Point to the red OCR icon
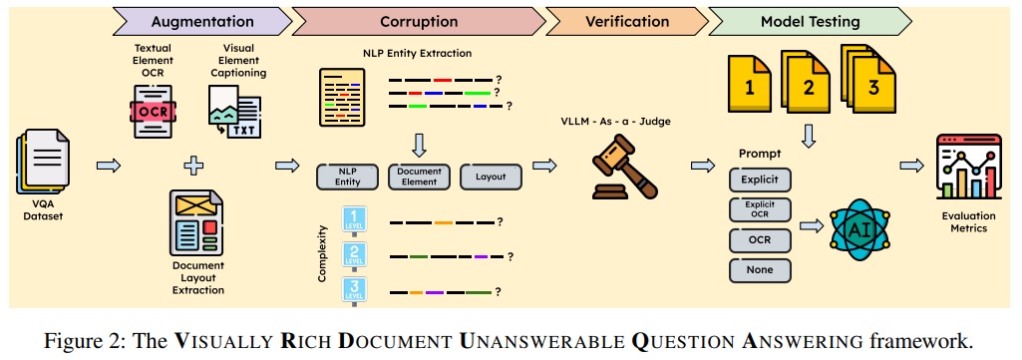154,111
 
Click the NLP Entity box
348,177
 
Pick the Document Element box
419,177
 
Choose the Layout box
491,177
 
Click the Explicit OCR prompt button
761,210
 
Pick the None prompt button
761,269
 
